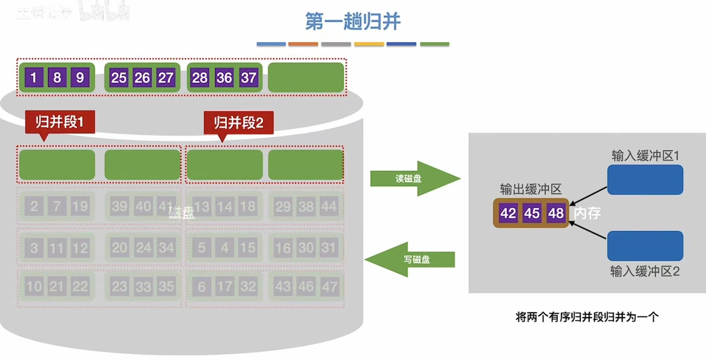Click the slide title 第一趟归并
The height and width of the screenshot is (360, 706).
353,21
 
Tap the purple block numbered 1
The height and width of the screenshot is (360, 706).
34,78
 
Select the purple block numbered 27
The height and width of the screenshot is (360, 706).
165,78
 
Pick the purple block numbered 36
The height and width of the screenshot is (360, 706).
224,78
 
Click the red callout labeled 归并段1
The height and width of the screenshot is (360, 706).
60,122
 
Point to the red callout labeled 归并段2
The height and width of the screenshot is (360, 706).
239,122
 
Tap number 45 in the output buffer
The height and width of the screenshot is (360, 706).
532,213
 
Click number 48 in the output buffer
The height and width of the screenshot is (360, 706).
556,213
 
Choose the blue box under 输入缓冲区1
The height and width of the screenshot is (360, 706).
645,179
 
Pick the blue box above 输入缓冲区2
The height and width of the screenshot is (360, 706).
645,245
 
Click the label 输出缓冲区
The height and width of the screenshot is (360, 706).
531,189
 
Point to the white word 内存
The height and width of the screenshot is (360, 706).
587,213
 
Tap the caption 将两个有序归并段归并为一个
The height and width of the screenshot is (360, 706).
587,317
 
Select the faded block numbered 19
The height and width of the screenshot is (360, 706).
80,206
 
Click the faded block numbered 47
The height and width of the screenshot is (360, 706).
329,286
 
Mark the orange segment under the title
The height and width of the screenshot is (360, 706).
303,44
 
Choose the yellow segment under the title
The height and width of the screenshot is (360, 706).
369,44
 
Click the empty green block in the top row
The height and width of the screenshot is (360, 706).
306,77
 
